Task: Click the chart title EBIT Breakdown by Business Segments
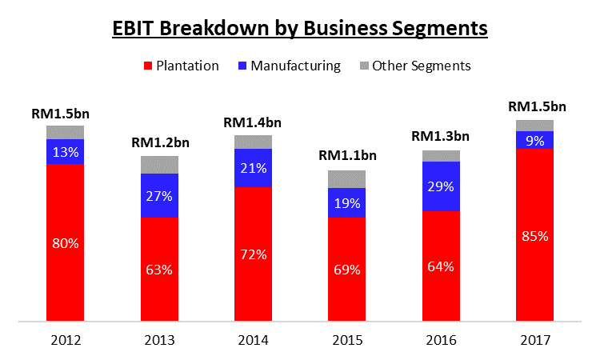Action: tap(299, 28)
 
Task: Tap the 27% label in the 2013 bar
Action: tap(159, 195)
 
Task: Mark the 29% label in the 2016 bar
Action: tap(441, 186)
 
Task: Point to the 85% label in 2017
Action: tap(534, 236)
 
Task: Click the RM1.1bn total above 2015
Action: tap(348, 156)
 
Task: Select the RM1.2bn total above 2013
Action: tap(159, 142)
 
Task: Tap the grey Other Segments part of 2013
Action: tap(159, 165)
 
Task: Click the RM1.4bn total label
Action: tap(253, 122)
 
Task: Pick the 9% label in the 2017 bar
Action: tap(534, 139)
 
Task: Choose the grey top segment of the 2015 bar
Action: tap(346, 179)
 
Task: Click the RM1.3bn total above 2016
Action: tap(441, 136)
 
